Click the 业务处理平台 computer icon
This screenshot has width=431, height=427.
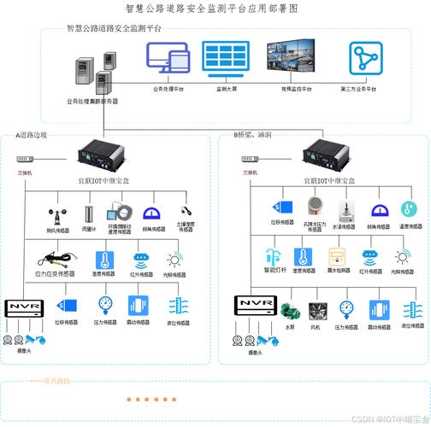tap(168, 58)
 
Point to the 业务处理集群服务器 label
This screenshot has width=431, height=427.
tap(92, 101)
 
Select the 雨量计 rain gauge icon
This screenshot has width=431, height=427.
tap(89, 213)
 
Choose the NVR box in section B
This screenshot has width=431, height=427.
tap(254, 304)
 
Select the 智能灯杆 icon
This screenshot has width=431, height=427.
tap(274, 258)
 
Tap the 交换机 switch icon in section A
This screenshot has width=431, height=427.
tap(25, 161)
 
